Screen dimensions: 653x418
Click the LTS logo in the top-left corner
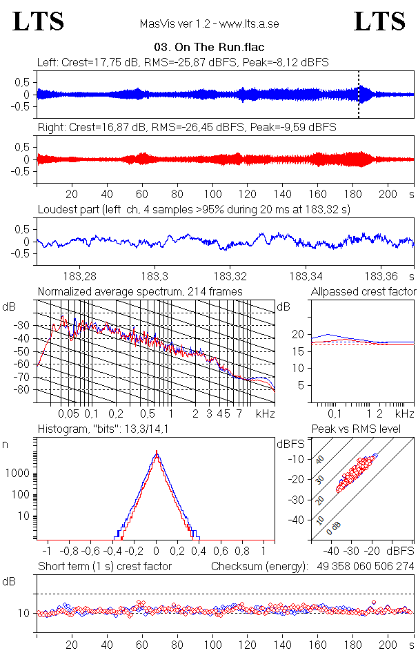click(x=39, y=21)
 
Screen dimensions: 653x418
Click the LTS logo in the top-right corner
click(x=379, y=21)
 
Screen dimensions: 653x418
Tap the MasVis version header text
click(x=209, y=23)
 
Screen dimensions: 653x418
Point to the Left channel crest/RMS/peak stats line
click(x=183, y=62)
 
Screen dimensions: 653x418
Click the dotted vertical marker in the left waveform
click(x=359, y=94)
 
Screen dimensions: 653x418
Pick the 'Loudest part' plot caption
click(x=194, y=209)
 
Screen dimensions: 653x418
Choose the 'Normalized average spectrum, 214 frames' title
click(x=140, y=291)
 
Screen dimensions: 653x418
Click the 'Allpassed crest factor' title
click(x=364, y=291)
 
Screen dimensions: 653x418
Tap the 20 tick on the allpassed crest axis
click(x=298, y=334)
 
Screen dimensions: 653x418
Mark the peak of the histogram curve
click(x=157, y=452)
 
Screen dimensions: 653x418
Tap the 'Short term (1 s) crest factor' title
click(x=104, y=567)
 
